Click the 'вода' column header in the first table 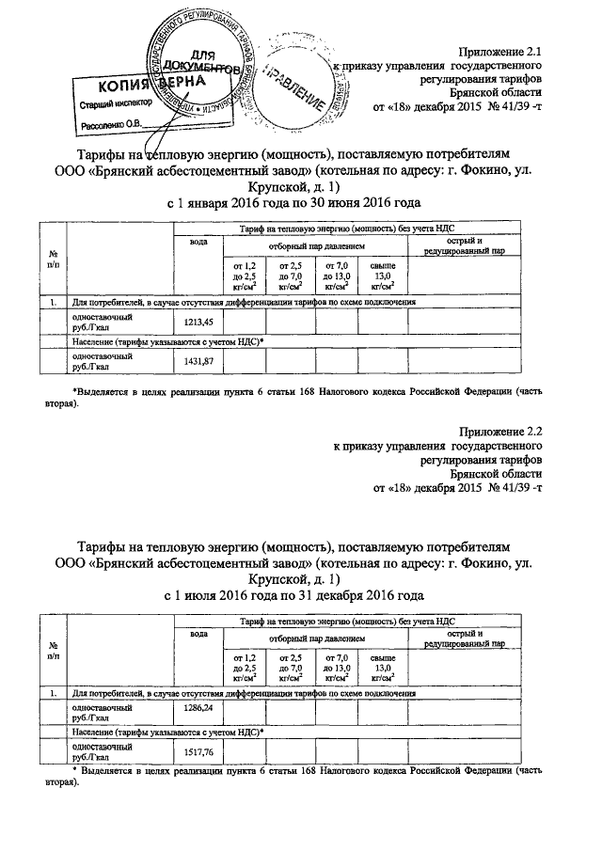[198, 242]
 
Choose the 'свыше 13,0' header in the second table [383, 667]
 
